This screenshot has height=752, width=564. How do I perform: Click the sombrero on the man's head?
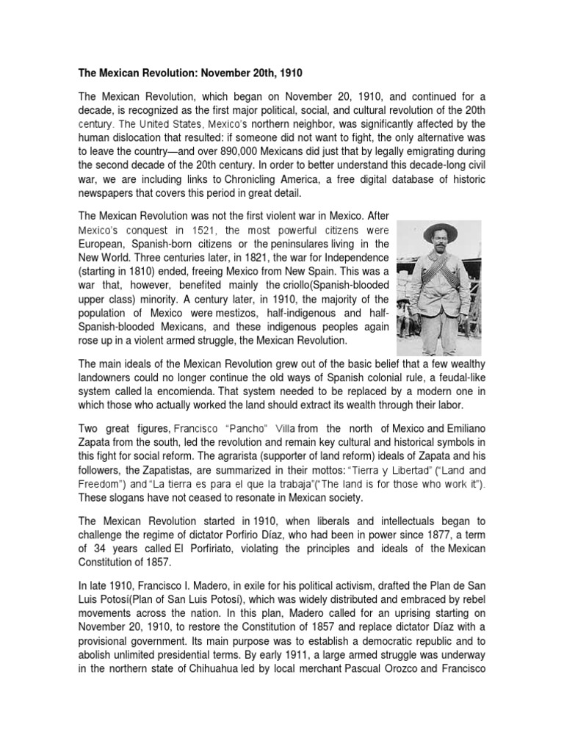pos(438,232)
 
